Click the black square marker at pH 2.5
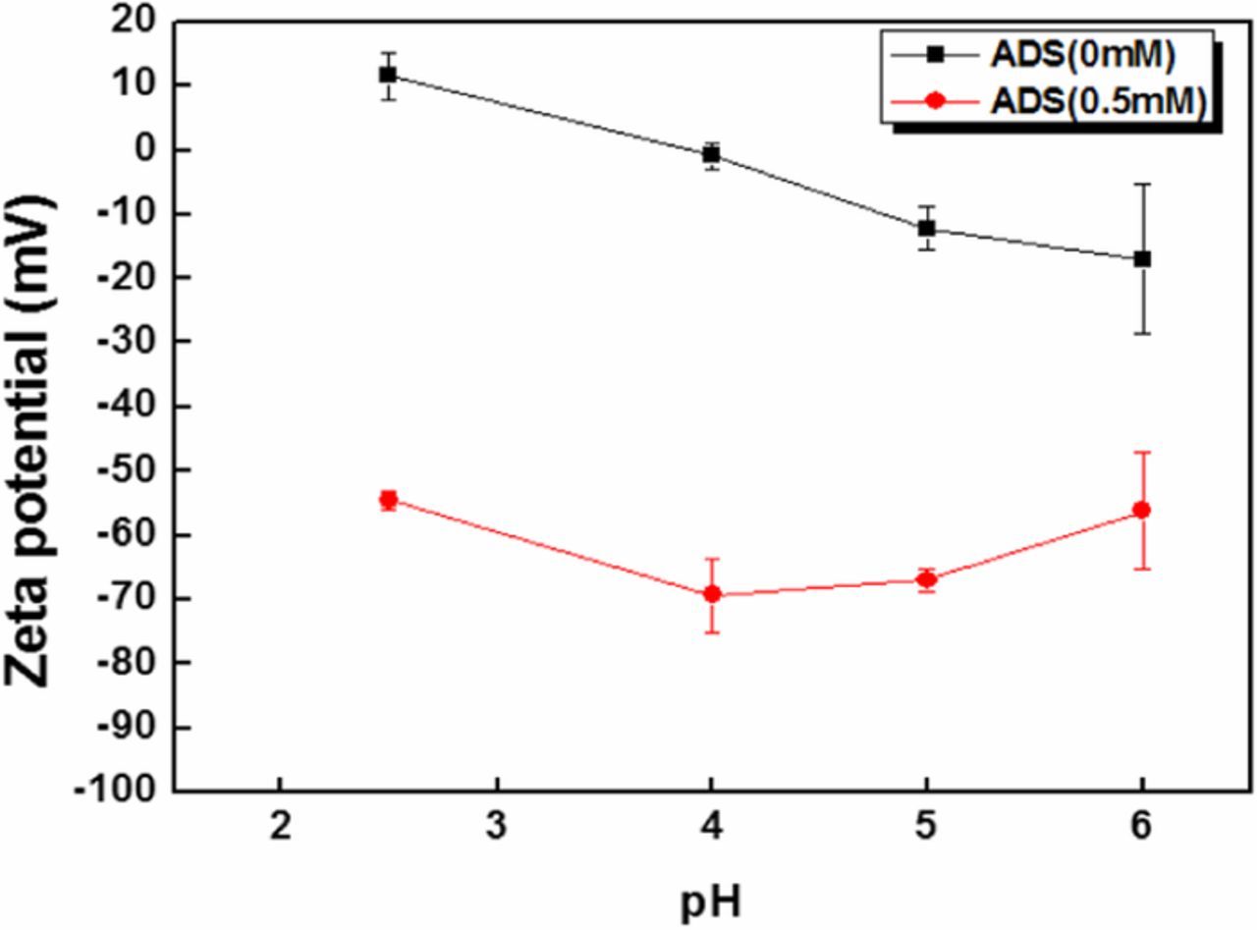(388, 75)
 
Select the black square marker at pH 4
(711, 154)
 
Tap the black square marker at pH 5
(926, 228)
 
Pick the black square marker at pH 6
(1142, 258)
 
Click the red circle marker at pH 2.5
(388, 500)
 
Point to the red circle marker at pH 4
(711, 594)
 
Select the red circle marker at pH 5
(926, 579)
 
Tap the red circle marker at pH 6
(1142, 510)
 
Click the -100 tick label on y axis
(122, 792)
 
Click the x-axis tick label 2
(280, 827)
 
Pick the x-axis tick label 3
(496, 827)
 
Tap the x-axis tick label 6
(1142, 827)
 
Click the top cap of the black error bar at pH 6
(1142, 184)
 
